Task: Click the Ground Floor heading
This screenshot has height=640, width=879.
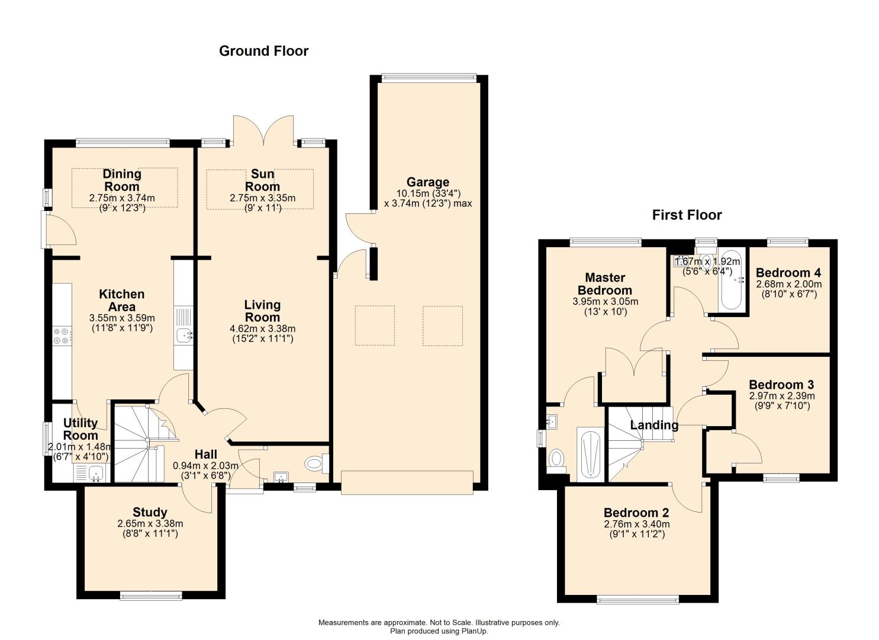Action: click(264, 51)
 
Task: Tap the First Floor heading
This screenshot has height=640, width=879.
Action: click(687, 215)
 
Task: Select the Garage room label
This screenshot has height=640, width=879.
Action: click(428, 183)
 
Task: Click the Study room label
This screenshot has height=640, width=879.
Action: click(150, 513)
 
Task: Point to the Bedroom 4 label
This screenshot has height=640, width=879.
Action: click(788, 273)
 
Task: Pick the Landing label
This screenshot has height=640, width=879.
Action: click(654, 425)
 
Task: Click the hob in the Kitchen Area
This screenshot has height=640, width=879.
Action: click(62, 336)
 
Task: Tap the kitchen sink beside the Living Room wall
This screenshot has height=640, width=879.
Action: click(183, 337)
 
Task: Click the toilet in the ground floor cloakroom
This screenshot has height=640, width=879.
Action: click(316, 463)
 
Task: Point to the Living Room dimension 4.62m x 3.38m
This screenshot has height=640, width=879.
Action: click(263, 329)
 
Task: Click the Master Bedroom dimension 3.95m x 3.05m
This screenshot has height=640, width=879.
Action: click(605, 302)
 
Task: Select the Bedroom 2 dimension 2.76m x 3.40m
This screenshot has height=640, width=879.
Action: click(637, 524)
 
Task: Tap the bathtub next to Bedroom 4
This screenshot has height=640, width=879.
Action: click(730, 280)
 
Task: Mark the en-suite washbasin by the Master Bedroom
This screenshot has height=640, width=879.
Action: click(552, 421)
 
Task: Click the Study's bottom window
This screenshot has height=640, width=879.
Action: click(151, 597)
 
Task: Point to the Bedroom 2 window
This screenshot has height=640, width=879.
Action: click(637, 600)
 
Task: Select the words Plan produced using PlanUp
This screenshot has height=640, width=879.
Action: click(439, 631)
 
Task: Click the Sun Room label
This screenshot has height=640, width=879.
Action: click(262, 180)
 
